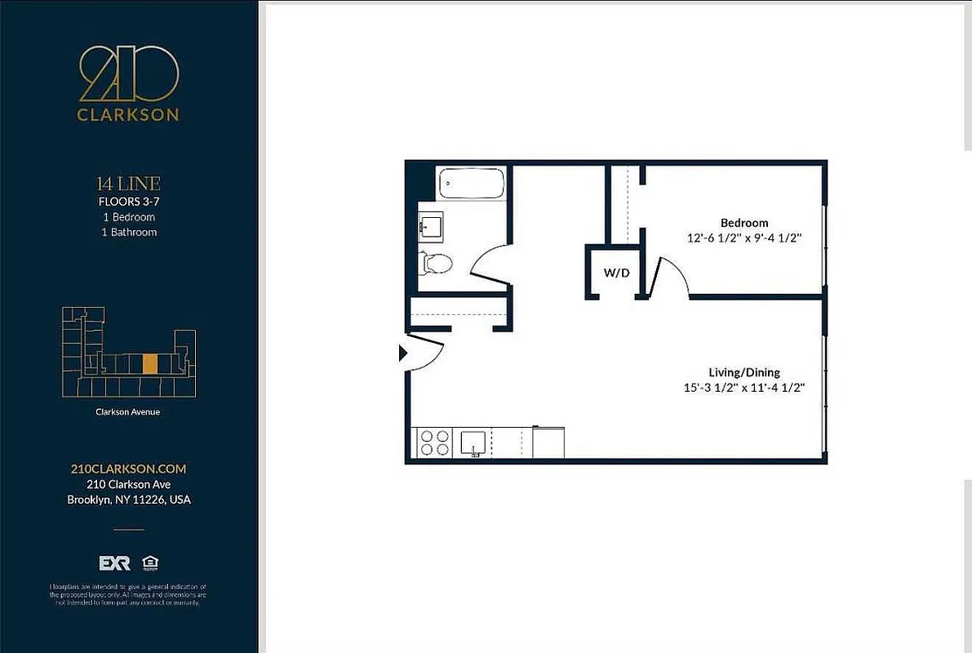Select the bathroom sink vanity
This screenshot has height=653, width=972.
pos(430,224)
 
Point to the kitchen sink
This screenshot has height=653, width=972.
pos(474,443)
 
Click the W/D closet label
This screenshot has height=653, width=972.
pos(616,273)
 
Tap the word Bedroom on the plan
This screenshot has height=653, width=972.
pos(743,223)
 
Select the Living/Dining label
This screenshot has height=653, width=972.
pos(743,372)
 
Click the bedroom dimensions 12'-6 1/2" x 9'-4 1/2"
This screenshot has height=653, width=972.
pos(744,238)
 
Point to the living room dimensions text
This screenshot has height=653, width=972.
pos(744,388)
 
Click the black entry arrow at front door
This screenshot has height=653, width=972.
pos(402,353)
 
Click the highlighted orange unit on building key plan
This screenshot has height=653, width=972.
pos(149,363)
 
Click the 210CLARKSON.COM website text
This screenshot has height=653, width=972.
pos(129,469)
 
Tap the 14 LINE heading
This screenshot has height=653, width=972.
pos(128,184)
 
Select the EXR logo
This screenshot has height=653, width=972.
pos(114,563)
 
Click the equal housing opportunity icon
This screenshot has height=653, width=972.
pos(149,562)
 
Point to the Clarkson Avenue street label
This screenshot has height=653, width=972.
pos(128,412)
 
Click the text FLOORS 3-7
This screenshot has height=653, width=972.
pos(128,201)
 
